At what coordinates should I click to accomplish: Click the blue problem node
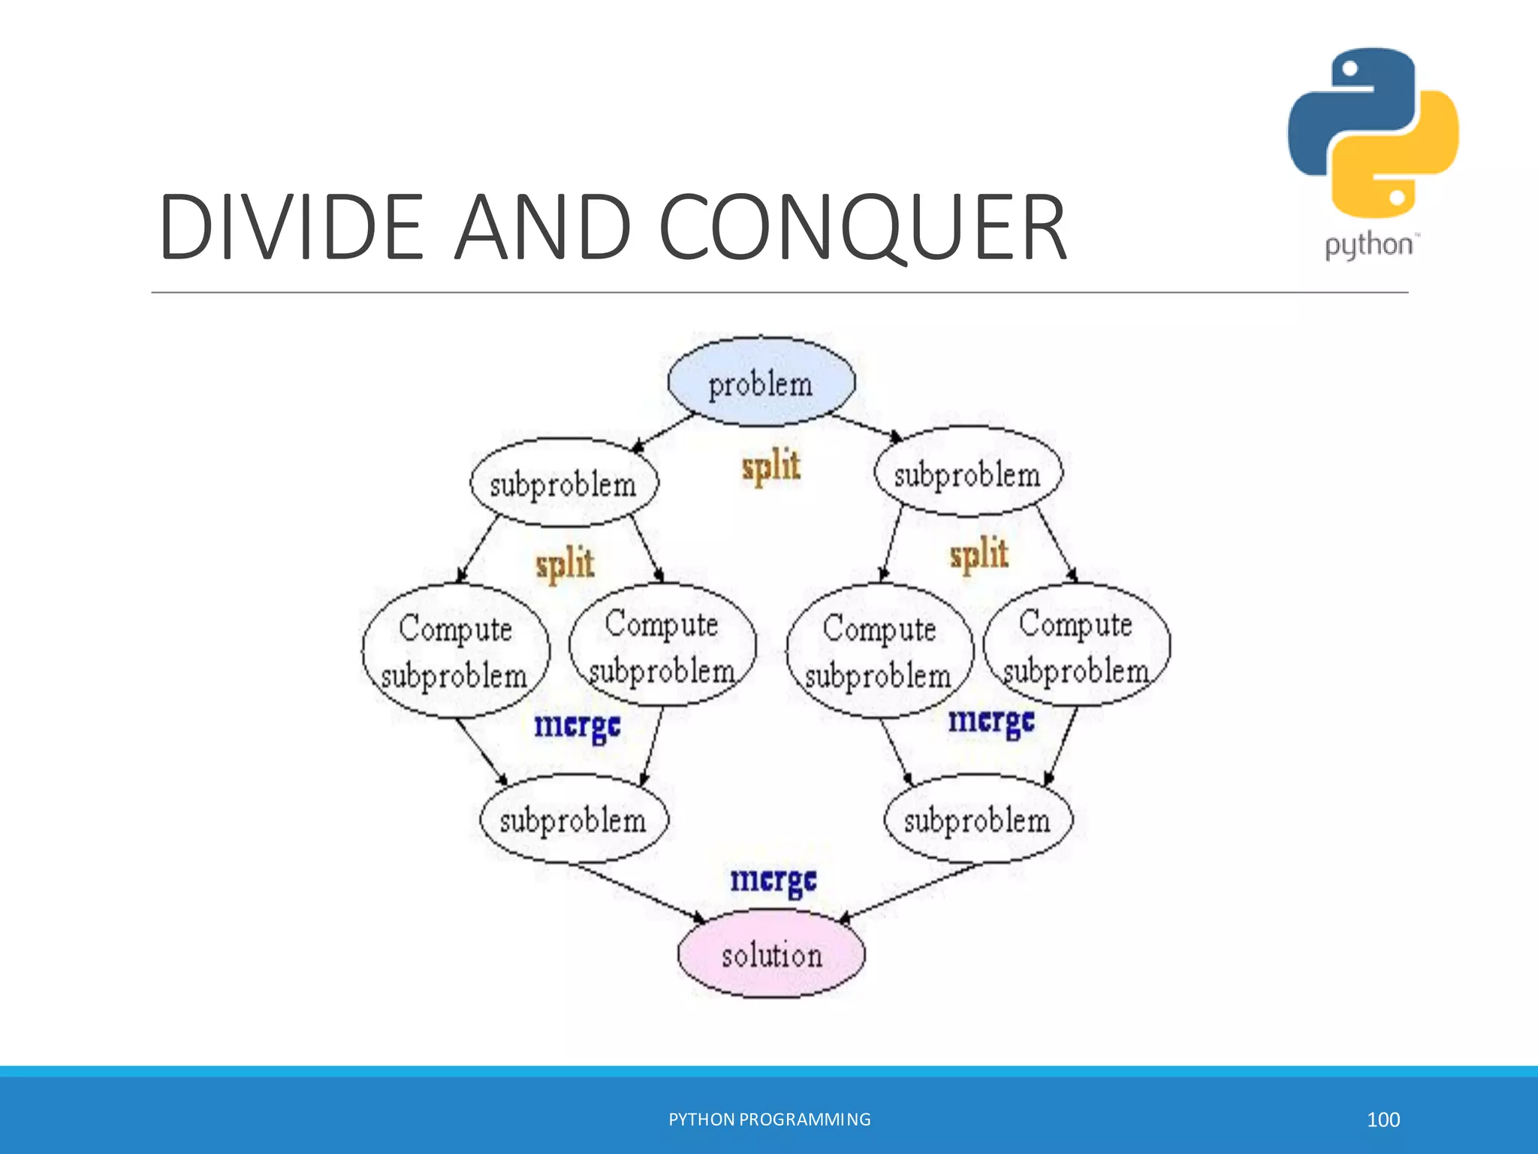761,382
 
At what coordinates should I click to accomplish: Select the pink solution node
771,954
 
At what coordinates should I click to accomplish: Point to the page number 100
1383,1119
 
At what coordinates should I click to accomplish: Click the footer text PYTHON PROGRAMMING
769,1119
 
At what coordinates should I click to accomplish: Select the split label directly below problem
771,466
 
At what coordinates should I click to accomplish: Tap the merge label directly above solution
773,880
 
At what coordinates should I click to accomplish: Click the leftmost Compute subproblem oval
456,651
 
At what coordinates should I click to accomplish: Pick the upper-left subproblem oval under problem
563,483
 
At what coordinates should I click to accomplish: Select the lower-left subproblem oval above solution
574,819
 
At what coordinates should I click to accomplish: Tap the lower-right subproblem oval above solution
978,819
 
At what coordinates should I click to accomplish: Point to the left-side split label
565,563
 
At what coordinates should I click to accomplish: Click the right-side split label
979,554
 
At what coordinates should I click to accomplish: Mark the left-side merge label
577,726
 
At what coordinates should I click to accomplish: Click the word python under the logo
1368,246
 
